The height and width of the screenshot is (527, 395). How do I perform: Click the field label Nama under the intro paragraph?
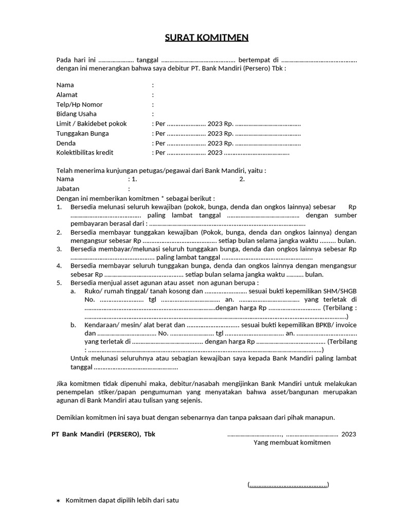coord(65,85)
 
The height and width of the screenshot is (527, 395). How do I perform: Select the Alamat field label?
coord(67,95)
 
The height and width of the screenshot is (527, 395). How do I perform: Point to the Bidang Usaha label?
coord(76,114)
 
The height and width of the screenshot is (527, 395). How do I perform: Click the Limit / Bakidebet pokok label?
coord(91,124)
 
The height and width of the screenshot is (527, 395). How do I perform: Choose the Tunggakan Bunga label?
coord(82,133)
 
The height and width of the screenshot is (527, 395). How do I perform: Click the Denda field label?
coord(66,143)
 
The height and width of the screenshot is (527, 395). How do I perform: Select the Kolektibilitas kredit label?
coord(84,152)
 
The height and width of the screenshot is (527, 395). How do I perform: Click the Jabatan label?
coord(68,189)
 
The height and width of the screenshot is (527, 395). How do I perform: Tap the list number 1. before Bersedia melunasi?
coord(59,206)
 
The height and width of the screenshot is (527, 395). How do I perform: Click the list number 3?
coord(59,249)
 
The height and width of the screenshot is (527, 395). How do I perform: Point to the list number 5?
coord(59,283)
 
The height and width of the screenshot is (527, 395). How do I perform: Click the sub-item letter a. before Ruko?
coord(74,291)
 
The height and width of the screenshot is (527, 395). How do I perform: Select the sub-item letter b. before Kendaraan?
coord(74,325)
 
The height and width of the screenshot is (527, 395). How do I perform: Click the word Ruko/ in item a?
coord(93,291)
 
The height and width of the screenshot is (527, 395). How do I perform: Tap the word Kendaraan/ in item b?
coord(100,325)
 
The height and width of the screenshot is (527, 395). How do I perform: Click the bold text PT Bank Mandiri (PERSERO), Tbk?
coord(103,434)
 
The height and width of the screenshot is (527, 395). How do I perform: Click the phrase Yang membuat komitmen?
coord(292,443)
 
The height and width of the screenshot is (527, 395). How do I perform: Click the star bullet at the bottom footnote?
coord(58,501)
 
